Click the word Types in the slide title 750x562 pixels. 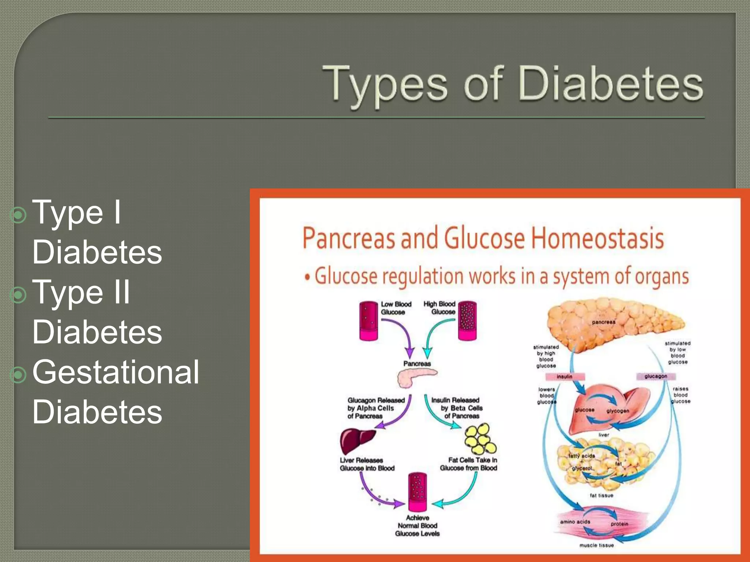click(385, 83)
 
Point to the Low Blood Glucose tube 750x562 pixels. click(368, 321)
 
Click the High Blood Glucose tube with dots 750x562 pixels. click(468, 321)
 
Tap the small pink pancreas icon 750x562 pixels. click(417, 378)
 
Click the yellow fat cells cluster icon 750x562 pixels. click(480, 438)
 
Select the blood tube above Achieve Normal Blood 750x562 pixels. click(417, 492)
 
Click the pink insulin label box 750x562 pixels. click(565, 376)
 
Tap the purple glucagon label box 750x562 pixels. click(656, 376)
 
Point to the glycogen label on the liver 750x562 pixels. click(618, 411)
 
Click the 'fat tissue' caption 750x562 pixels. click(601, 495)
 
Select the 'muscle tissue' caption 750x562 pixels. click(597, 545)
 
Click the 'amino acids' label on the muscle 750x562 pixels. click(575, 522)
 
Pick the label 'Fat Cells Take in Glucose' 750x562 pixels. click(468, 464)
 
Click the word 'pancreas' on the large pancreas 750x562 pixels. click(604, 322)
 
